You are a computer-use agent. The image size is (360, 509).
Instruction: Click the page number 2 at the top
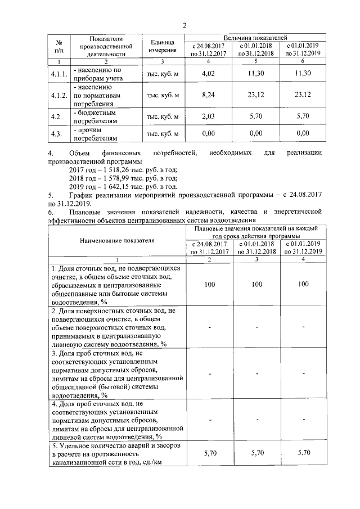pyautogui.click(x=184, y=25)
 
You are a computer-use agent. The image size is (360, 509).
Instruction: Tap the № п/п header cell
pyautogui.click(x=58, y=47)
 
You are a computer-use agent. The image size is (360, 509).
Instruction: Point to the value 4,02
pyautogui.click(x=209, y=74)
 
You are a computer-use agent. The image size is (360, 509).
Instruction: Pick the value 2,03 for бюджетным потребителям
pyautogui.click(x=209, y=117)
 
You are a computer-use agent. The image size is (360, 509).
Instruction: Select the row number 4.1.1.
pyautogui.click(x=59, y=74)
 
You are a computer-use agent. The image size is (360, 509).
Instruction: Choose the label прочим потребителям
pyautogui.click(x=96, y=133)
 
